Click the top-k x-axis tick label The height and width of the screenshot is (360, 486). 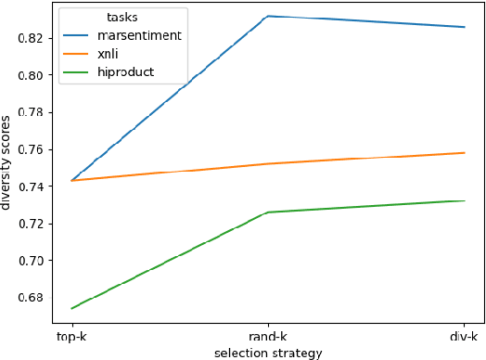pos(72,336)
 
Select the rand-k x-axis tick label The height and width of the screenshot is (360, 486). pos(268,336)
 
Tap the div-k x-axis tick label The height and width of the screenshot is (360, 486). pos(463,336)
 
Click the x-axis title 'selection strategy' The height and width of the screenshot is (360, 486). pos(267,353)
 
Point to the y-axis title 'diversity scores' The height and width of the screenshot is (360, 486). pos(8,162)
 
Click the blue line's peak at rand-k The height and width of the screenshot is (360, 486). pos(268,17)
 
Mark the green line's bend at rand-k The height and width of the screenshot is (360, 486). pos(268,212)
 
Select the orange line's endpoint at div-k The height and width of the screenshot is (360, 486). pos(464,153)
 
